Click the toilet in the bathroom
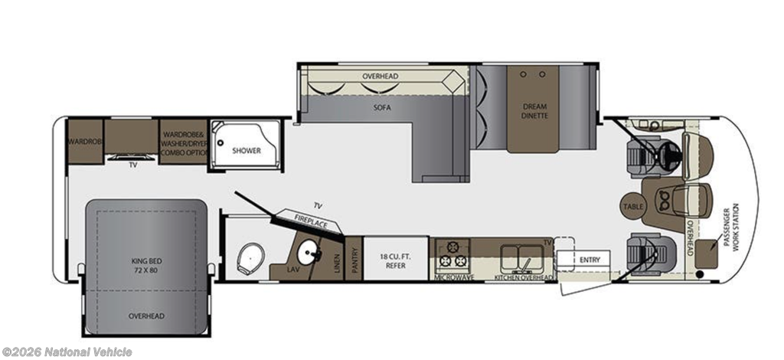point(250,258)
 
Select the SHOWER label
point(247,150)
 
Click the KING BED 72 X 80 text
point(146,266)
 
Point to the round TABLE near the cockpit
point(633,206)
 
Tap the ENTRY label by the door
point(590,260)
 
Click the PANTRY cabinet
point(354,258)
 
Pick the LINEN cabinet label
point(337,261)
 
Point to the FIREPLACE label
point(311,221)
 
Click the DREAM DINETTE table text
point(535,111)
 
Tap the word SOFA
point(382,107)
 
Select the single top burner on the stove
point(452,247)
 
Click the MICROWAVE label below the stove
point(454,277)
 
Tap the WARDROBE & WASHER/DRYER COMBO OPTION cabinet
point(183,142)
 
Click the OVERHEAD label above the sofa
point(380,77)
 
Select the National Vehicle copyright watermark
point(67,352)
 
